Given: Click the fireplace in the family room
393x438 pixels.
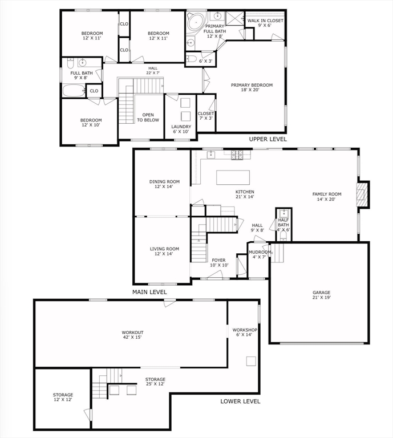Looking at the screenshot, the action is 362,194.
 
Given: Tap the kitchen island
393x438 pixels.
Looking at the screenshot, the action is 233,177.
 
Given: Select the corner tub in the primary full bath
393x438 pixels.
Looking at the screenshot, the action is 196,22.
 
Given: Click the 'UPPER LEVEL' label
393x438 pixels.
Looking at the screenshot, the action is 268,139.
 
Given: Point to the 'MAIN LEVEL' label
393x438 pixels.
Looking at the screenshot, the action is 149,292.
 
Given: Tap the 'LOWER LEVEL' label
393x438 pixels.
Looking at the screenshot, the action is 240,401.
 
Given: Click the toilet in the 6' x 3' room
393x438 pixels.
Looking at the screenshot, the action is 190,59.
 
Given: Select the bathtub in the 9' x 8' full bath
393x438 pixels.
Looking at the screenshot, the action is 74,91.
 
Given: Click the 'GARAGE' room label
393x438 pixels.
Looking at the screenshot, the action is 322,293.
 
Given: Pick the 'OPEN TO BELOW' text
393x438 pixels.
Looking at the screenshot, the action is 148,117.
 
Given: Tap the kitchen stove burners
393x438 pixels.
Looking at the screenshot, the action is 237,155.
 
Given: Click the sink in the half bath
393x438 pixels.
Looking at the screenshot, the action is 283,214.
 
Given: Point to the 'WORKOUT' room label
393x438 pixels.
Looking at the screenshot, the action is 132,332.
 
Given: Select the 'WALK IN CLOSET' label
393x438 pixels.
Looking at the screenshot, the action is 265,21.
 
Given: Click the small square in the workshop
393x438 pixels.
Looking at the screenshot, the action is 251,361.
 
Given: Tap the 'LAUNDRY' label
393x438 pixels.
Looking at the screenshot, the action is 181,127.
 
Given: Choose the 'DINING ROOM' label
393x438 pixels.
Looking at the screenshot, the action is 164,181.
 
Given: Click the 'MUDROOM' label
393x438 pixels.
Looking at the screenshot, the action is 260,252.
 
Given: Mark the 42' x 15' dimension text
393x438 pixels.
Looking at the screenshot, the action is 132,337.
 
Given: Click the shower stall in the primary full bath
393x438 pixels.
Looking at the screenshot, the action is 235,18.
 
